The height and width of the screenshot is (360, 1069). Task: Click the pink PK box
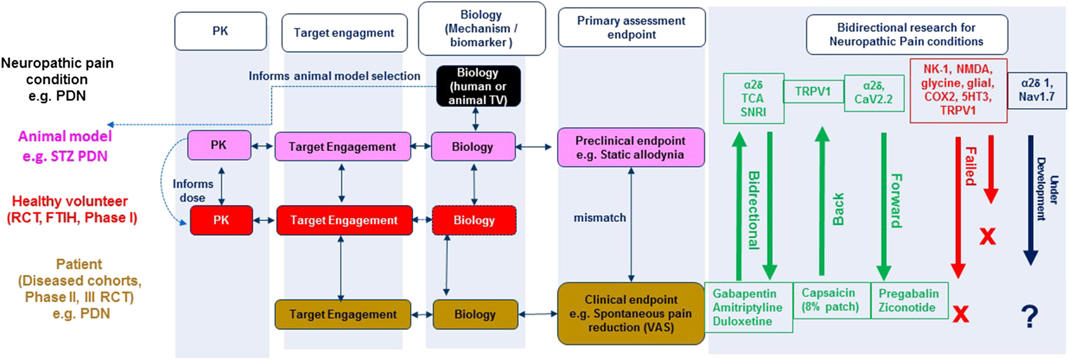[219, 145]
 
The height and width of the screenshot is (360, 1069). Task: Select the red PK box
[221, 220]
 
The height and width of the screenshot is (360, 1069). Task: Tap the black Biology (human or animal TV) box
[478, 86]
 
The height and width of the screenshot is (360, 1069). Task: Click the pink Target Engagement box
[342, 147]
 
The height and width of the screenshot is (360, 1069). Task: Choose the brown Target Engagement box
[343, 314]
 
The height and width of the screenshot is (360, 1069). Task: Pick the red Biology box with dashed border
[474, 220]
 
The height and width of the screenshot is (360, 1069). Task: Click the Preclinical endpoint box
[630, 147]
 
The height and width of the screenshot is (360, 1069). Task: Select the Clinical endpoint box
[630, 314]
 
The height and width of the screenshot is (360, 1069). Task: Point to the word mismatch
[599, 218]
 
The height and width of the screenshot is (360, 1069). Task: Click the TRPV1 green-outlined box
[813, 92]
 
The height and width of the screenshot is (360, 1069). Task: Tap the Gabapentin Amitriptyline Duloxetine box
[748, 308]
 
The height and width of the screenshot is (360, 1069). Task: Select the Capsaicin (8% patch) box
[830, 300]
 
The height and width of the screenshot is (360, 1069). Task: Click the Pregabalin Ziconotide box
[909, 300]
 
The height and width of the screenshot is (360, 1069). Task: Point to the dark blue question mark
[1029, 316]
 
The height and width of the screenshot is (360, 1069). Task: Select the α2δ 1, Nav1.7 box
[1036, 90]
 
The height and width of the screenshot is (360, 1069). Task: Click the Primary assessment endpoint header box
[631, 28]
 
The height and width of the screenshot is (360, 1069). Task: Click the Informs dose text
[192, 191]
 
